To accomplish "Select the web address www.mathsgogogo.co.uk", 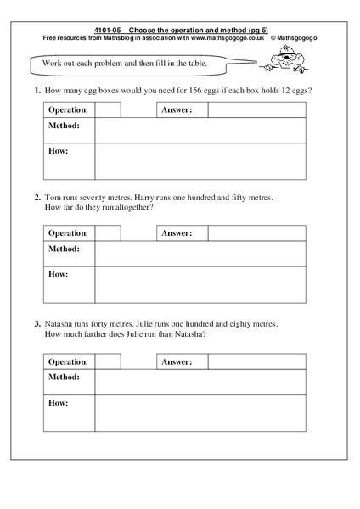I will pos(221,37).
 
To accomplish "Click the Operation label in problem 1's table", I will pos(68,109).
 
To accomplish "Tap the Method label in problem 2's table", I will pos(65,249).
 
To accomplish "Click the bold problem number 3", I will pos(37,323).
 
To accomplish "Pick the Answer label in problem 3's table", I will pos(177,361).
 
